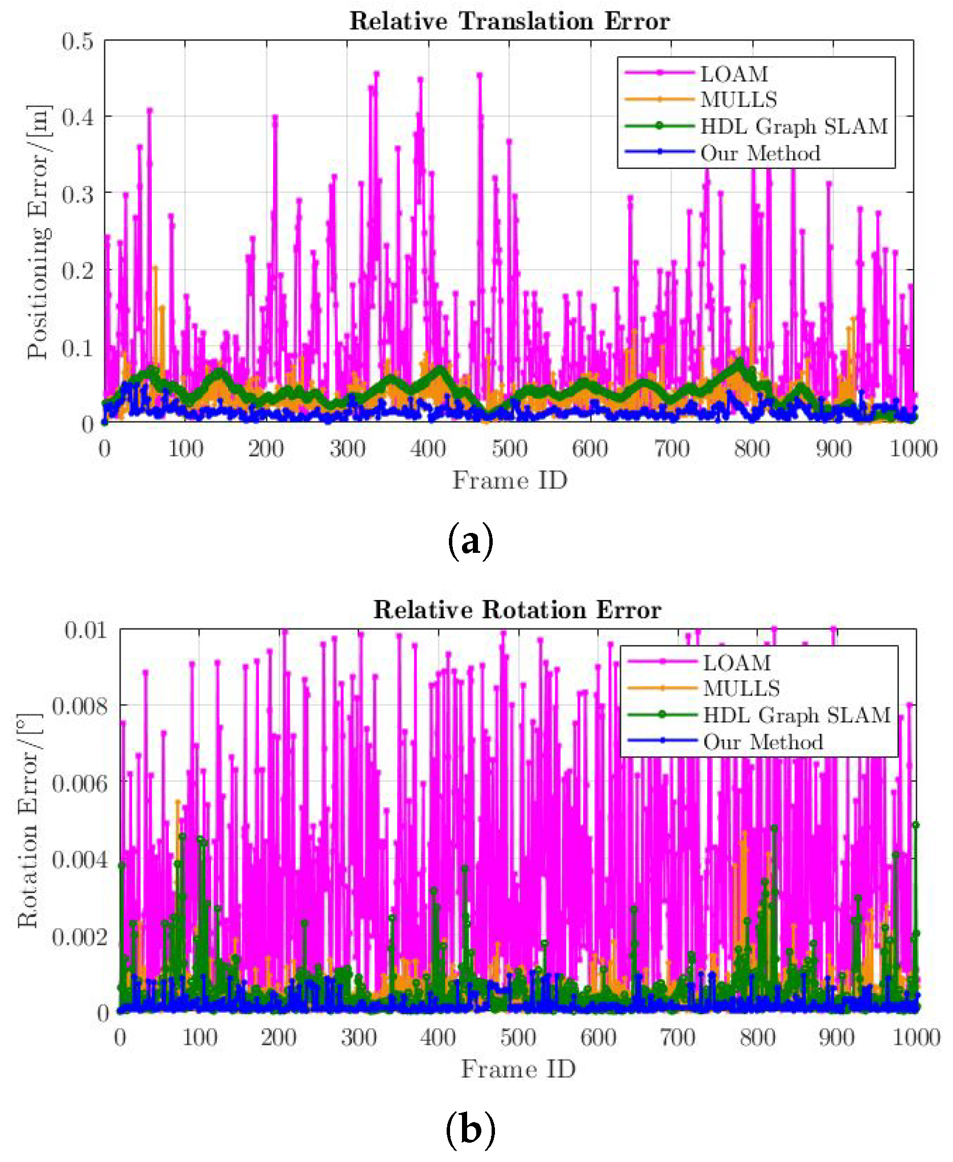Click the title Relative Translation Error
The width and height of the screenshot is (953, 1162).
coord(509,21)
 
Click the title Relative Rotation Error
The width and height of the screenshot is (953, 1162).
coord(517,610)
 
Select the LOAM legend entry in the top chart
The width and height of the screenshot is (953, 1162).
coord(733,74)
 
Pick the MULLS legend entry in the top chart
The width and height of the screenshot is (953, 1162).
coord(738,100)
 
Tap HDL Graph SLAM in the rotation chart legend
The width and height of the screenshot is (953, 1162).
coord(796,716)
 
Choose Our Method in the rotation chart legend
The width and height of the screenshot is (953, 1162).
coord(762,742)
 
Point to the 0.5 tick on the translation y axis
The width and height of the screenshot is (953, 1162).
coord(77,41)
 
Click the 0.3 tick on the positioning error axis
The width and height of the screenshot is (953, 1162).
coord(77,194)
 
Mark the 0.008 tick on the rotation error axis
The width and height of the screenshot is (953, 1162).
coord(79,706)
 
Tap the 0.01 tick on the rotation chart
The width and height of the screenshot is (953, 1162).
coord(85,630)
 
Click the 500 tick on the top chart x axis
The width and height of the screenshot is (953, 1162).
coord(509,449)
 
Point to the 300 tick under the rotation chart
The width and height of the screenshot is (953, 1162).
coord(358,1038)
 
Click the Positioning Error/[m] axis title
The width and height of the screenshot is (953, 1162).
coord(39,232)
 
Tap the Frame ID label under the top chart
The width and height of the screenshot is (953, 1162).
coord(509,481)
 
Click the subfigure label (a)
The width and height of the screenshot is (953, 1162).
coord(470,542)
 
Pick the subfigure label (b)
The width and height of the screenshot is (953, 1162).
coord(470,1130)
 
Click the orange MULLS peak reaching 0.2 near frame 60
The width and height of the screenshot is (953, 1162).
coord(155,267)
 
